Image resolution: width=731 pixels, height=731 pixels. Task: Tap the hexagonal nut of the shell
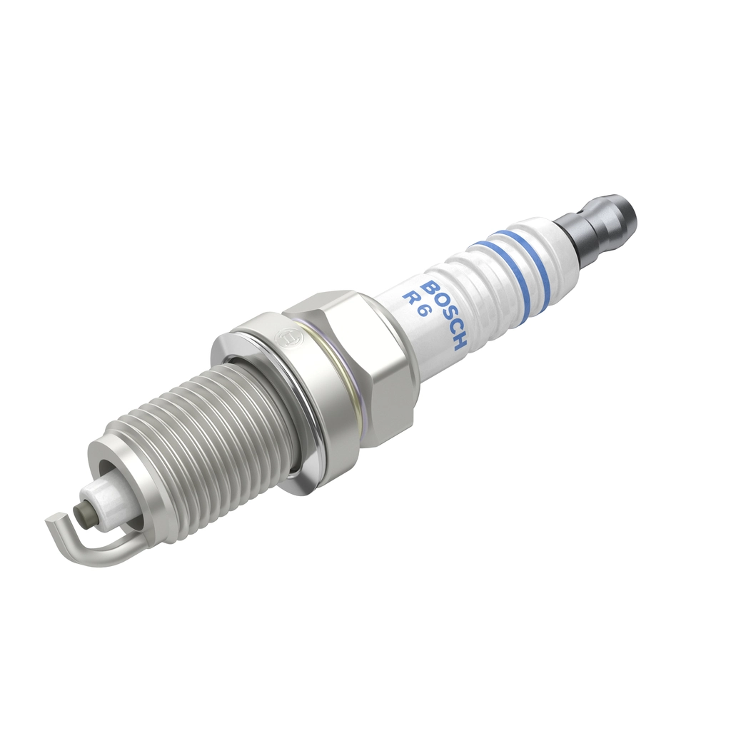357,364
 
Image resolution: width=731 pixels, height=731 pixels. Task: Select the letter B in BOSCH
429,288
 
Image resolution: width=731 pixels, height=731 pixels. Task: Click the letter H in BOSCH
460,342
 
